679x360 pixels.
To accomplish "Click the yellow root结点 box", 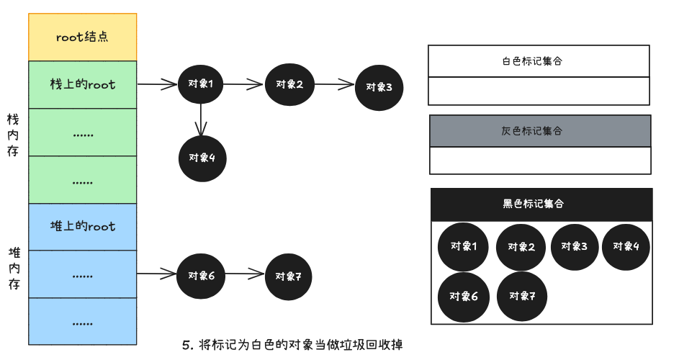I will point(82,36).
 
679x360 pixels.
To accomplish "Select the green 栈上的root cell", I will point(82,84).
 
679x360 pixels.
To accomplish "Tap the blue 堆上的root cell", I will point(82,227).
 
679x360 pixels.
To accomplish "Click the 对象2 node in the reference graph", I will point(289,84).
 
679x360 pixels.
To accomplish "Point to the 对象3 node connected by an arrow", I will point(379,87).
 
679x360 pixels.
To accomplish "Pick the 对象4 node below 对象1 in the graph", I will point(202,158).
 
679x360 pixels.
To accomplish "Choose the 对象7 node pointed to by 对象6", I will point(289,276).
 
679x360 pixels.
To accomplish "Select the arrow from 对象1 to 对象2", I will point(243,84).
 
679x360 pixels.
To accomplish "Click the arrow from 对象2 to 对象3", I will point(336,85).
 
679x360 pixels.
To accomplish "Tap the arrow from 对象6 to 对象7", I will point(244,274).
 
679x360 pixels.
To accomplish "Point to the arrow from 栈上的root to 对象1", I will point(158,84).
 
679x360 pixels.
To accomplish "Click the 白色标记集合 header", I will point(539,61).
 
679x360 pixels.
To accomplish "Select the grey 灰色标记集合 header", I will point(540,131).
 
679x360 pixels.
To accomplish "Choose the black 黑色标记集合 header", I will point(541,204).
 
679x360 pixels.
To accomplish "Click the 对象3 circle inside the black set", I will point(575,246).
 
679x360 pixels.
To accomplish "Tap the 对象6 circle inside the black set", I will point(464,297).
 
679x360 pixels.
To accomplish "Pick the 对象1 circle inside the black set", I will point(464,246).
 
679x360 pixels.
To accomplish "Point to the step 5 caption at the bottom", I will point(292,345).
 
